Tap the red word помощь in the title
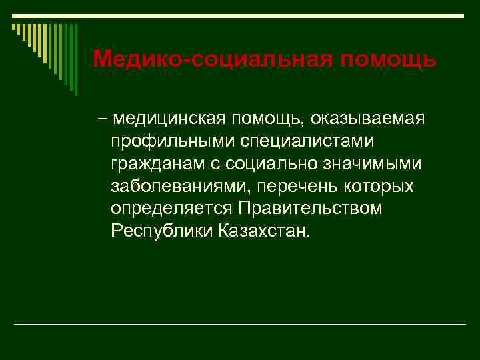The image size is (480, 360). point(389,60)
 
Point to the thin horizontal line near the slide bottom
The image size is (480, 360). point(240,324)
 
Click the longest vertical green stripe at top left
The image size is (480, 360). point(75,60)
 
